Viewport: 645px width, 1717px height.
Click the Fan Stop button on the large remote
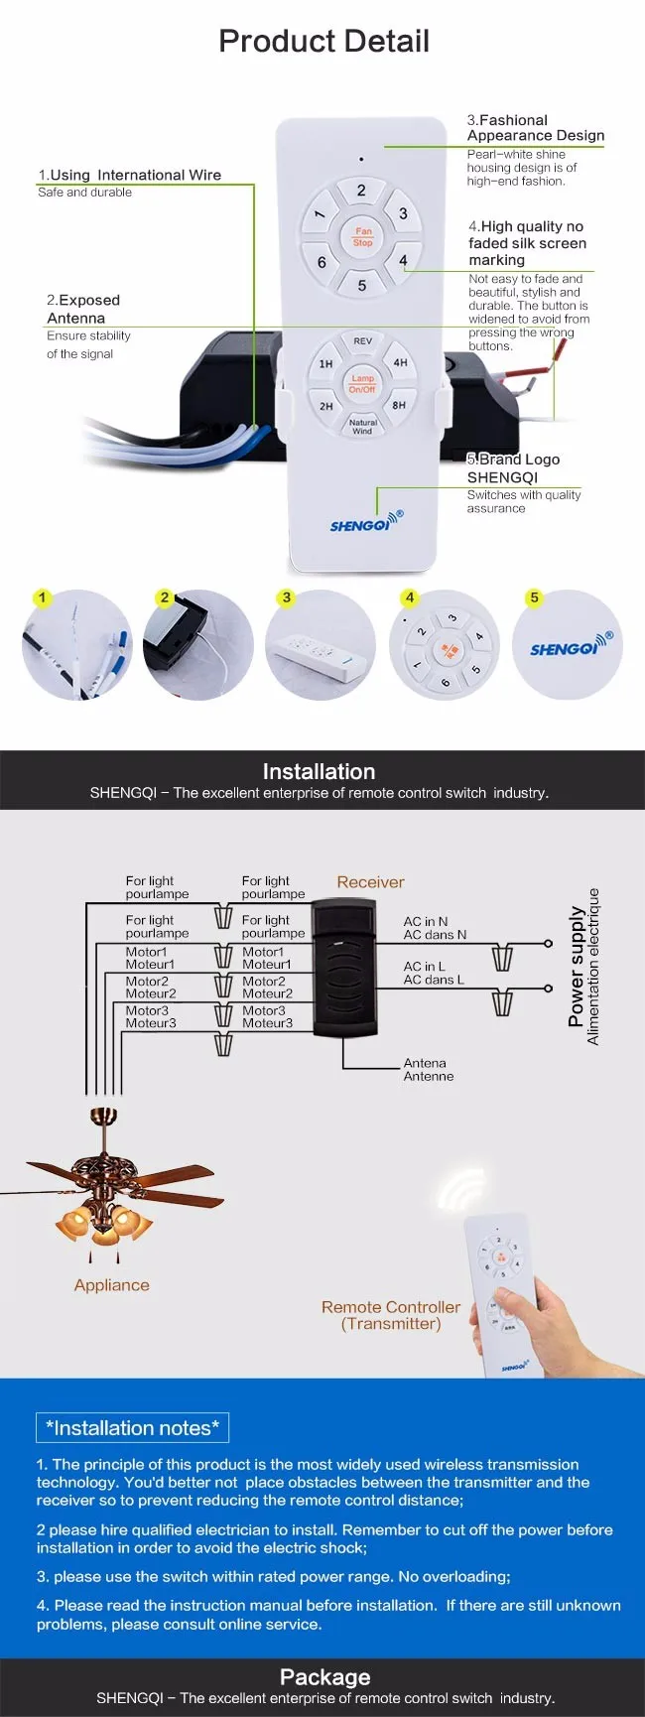(x=362, y=236)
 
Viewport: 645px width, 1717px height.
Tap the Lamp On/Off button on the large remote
(x=362, y=383)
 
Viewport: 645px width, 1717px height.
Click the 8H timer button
(x=399, y=405)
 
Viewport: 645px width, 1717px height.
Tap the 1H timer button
(x=325, y=364)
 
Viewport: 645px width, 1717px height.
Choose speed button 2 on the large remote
(x=361, y=191)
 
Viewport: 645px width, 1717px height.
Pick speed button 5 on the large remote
(x=362, y=285)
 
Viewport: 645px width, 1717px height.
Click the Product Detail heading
(x=323, y=41)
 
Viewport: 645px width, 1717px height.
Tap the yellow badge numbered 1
(x=42, y=597)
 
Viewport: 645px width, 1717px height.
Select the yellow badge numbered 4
(x=409, y=597)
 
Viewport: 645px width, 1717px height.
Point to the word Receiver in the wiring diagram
(x=370, y=881)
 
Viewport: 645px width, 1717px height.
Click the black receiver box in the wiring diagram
(x=344, y=968)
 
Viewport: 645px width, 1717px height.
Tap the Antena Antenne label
(x=428, y=1069)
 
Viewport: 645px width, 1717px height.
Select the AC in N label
(x=426, y=921)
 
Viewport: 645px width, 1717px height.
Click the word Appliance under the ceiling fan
(x=111, y=1285)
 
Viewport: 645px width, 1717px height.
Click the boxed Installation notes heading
(x=132, y=1428)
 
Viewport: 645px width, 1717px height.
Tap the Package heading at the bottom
(x=324, y=1677)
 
